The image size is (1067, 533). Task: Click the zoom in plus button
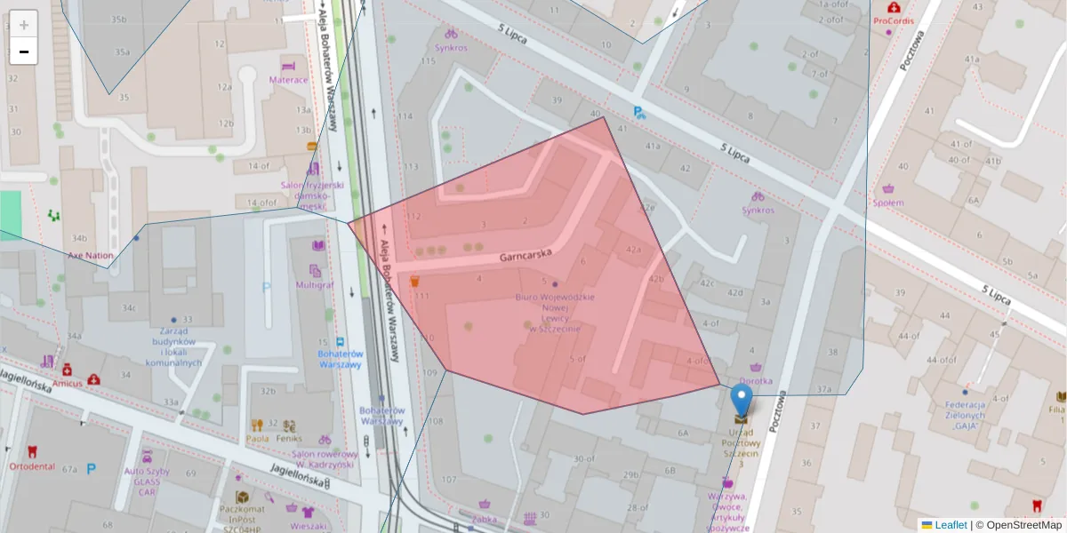coord(24,24)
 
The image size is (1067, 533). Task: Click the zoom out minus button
coord(24,52)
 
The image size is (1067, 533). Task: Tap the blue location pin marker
coord(741,402)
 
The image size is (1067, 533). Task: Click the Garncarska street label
coord(525,255)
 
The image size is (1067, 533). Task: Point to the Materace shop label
coord(288,79)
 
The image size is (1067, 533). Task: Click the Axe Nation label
coord(91,255)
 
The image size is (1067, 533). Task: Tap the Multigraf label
coord(315,285)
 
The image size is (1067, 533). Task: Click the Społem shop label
coord(887,203)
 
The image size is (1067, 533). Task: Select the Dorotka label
coord(756,381)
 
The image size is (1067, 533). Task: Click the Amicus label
coord(67,383)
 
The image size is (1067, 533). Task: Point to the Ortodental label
coord(33,466)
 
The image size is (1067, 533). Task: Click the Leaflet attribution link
coord(950,525)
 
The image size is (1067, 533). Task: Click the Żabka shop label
coord(485,519)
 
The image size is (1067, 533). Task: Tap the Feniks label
coord(289,438)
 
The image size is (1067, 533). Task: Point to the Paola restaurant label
coord(257,438)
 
